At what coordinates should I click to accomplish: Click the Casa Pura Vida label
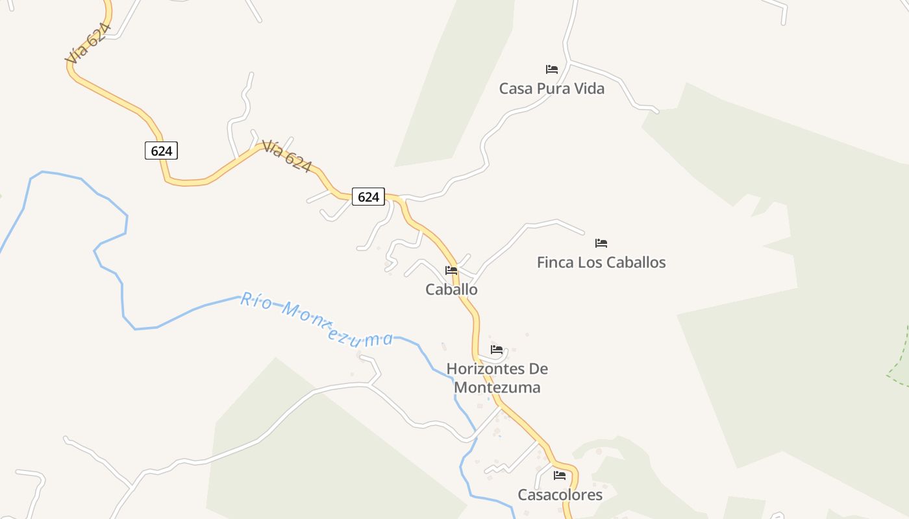(551, 88)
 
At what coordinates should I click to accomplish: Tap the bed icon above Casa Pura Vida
(552, 69)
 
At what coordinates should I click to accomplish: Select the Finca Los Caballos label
(601, 262)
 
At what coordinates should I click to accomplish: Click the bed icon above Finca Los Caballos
(601, 243)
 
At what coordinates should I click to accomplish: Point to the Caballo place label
(451, 289)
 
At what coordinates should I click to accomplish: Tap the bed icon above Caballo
(451, 271)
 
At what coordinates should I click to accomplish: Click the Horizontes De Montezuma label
(497, 378)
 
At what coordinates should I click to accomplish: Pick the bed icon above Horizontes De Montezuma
(497, 350)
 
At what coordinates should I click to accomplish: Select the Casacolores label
(560, 495)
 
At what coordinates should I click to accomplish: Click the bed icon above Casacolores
(560, 476)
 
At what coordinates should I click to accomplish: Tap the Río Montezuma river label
(317, 319)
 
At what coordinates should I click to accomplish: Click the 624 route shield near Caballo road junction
(368, 197)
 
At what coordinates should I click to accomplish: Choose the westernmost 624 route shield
(161, 151)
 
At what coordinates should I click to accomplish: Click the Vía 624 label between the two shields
(287, 156)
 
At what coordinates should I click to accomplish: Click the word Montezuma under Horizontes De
(497, 388)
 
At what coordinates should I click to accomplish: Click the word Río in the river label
(255, 300)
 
